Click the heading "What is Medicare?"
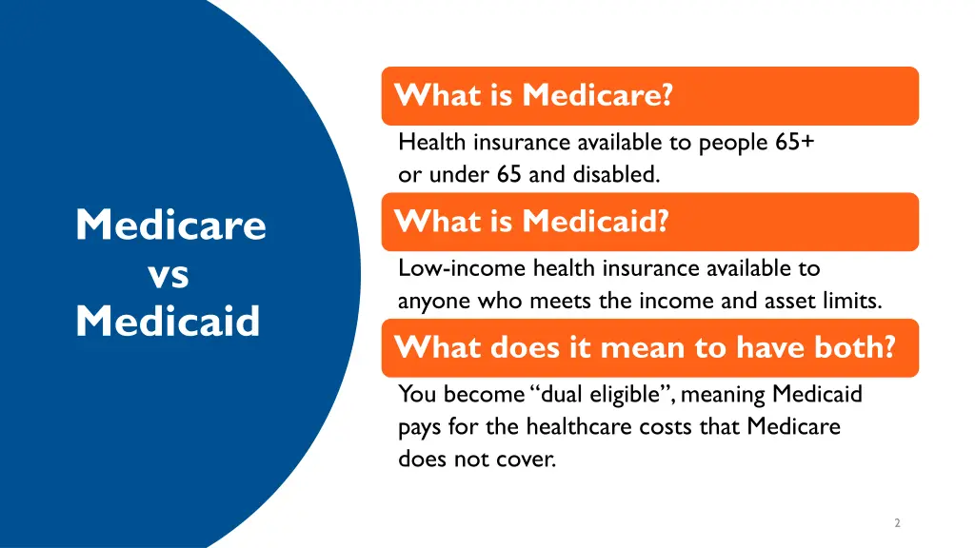coord(534,95)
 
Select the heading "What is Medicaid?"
coord(532,222)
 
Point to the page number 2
coord(897,522)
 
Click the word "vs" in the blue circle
coord(169,274)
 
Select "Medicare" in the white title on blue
coord(170,225)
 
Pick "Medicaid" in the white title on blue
coord(168,321)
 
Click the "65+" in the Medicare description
coord(794,143)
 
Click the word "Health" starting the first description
coord(431,143)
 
